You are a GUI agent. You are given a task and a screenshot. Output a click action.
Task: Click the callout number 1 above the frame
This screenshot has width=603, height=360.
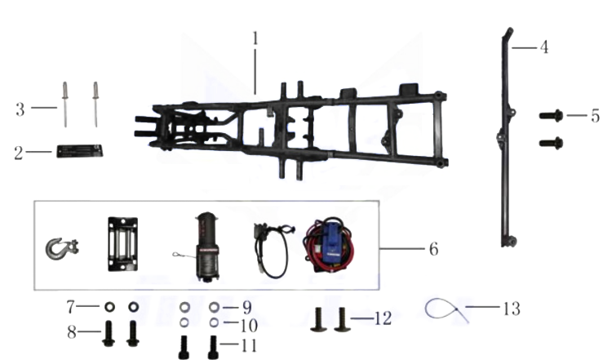point(255,38)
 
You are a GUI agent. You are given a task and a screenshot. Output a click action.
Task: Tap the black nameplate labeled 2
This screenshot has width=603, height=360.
point(80,151)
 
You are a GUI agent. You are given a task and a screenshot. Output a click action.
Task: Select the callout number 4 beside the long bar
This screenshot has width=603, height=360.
point(543,47)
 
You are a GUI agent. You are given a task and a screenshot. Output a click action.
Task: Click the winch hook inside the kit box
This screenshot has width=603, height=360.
point(61,248)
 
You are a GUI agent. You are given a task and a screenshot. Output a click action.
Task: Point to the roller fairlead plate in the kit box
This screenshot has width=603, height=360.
point(122,244)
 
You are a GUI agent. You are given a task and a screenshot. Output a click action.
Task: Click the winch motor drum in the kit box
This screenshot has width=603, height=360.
point(207,247)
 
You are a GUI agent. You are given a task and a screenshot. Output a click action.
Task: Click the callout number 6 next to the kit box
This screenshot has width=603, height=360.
point(433,249)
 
